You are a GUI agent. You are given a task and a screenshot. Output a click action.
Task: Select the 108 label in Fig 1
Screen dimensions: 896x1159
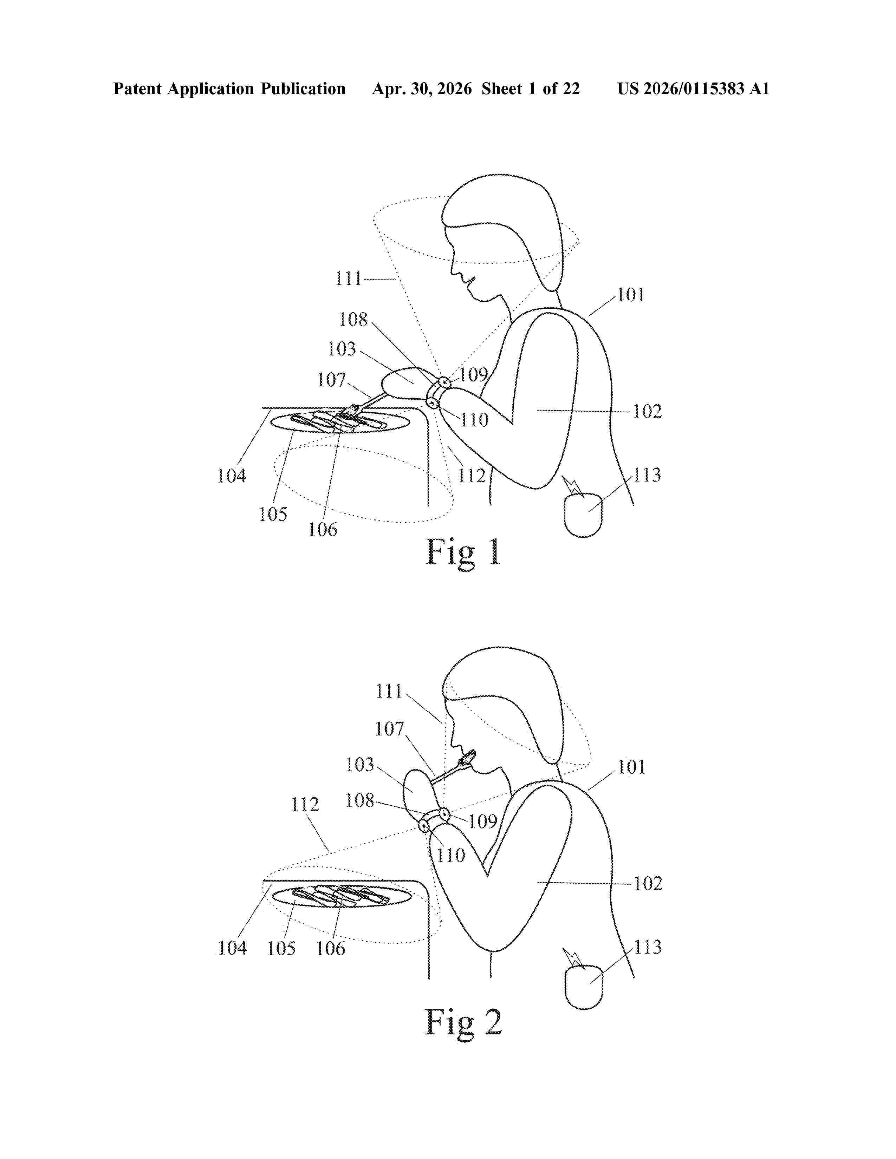353,320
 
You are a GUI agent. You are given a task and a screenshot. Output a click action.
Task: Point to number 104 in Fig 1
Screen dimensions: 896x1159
232,476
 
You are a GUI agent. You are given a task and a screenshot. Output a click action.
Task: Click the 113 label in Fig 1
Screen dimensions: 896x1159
647,475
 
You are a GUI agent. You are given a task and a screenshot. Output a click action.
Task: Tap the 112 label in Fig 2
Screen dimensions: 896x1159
305,805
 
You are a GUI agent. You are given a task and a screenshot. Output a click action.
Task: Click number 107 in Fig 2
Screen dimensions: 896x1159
390,729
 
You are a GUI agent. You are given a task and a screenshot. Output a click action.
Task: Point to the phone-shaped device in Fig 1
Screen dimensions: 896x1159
583,515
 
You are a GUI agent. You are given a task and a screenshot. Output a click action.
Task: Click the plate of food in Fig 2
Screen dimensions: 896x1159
341,896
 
